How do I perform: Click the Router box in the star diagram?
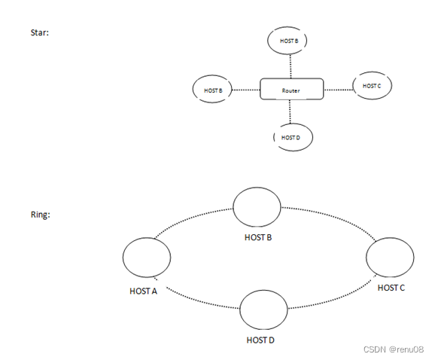tap(291, 90)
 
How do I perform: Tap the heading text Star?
tap(40, 33)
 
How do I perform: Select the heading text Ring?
tap(40, 215)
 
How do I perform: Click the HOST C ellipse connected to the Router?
tap(372, 86)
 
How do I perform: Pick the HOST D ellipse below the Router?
tap(291, 138)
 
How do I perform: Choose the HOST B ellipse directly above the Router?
tap(289, 41)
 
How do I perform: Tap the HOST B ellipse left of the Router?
tap(213, 90)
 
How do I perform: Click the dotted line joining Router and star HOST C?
tap(338, 89)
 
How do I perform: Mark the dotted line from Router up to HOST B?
tap(290, 66)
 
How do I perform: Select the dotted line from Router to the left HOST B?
tap(246, 90)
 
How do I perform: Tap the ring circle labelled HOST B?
tap(257, 207)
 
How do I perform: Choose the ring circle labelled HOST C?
tap(389, 258)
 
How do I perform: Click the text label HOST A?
tap(143, 291)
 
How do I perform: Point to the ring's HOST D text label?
tap(260, 340)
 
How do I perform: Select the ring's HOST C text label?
tap(391, 288)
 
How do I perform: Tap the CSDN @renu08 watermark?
tap(393, 349)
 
